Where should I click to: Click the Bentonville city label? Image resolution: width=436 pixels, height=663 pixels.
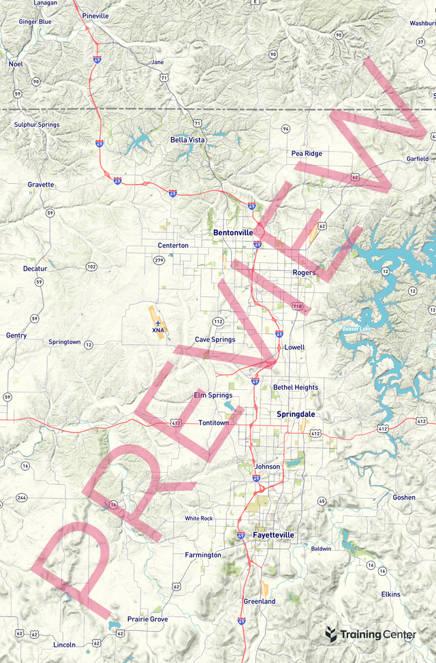[x=233, y=232]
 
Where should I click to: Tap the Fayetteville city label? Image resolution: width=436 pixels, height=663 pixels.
[x=273, y=536]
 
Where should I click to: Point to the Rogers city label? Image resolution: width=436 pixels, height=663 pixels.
[x=304, y=273]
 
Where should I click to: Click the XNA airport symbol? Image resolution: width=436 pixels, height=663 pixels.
[x=158, y=322]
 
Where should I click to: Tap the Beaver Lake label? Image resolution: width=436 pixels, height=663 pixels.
[x=357, y=330]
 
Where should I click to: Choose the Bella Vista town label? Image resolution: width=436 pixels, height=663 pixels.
[x=187, y=140]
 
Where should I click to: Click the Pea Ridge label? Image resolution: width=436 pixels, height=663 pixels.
[x=307, y=153]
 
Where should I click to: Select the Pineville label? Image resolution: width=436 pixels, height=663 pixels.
[x=95, y=15]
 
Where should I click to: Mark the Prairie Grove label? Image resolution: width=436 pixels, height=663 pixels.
[x=147, y=619]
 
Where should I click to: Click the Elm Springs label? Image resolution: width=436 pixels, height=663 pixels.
[x=213, y=395]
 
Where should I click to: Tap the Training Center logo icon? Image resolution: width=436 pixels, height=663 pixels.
[x=331, y=634]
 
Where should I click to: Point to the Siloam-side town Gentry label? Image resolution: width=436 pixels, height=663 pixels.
[x=16, y=335]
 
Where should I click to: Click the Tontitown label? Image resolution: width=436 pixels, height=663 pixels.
[x=214, y=422]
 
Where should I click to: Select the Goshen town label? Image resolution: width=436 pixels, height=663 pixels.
[x=404, y=497]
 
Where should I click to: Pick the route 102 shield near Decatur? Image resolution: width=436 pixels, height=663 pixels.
[x=91, y=266]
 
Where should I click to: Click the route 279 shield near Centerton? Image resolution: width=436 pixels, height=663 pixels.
[x=159, y=260]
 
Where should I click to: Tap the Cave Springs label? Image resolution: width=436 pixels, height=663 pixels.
[x=215, y=339]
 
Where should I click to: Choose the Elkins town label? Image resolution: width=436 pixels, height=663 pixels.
[x=391, y=594]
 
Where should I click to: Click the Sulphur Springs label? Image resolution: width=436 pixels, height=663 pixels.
[x=37, y=125]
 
